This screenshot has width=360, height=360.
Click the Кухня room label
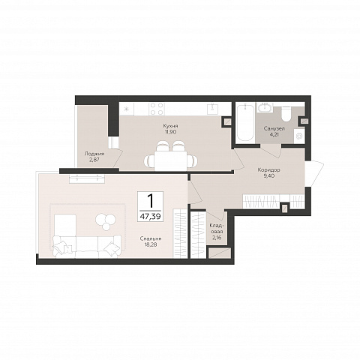point(170,126)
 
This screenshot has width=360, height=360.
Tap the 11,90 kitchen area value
point(170,131)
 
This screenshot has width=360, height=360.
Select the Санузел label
point(274,129)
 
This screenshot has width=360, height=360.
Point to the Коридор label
point(268,170)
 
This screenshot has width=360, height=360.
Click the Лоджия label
point(94,154)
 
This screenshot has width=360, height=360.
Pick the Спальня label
point(151,238)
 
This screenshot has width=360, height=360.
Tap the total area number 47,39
point(150,217)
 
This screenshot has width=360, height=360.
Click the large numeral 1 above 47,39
point(150,201)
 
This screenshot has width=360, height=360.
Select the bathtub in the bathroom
point(245,123)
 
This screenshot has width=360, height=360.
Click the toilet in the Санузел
point(286,114)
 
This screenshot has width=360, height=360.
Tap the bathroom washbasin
point(265,108)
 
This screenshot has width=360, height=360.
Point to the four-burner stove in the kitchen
point(157,109)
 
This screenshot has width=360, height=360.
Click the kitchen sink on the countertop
point(212,109)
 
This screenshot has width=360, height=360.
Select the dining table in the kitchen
point(170,160)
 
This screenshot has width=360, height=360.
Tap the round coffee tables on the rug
point(106,221)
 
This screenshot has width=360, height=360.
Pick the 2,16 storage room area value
point(217,238)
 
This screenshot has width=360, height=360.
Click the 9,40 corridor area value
point(268,175)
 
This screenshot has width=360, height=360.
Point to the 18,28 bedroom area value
point(151,244)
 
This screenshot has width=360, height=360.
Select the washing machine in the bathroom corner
point(299,136)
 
